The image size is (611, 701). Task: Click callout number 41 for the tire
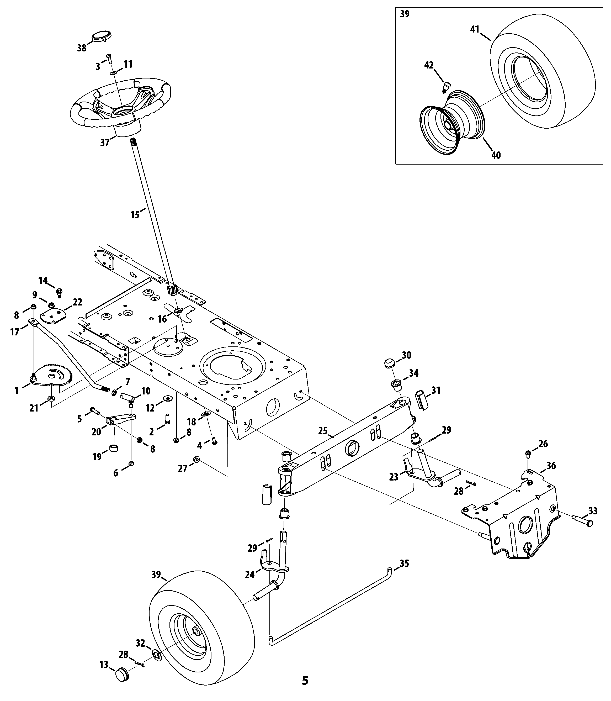pos(475,29)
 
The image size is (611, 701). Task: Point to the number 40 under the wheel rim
pos(496,155)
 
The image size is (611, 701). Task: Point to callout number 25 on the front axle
pos(322,431)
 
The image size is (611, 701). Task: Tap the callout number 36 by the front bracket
pos(551,466)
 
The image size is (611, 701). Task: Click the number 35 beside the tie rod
pos(404,563)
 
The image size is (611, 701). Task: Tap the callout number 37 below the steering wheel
pos(105,143)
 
